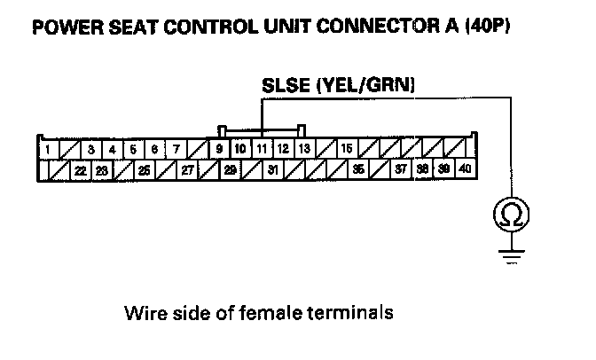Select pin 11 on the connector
tap(262, 149)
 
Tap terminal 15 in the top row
tap(347, 149)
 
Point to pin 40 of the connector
tap(466, 169)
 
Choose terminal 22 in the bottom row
tap(81, 169)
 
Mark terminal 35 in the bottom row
tap(358, 169)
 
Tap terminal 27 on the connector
tap(187, 169)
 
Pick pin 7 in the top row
tap(176, 149)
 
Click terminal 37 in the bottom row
tap(401, 169)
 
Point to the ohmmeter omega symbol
tap(512, 213)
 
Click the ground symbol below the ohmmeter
tap(512, 254)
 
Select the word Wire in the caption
tap(145, 313)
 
